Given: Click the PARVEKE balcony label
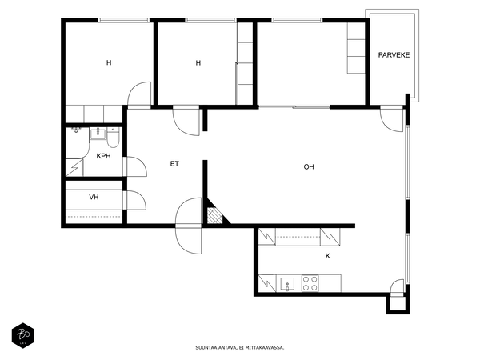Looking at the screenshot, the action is (394, 55).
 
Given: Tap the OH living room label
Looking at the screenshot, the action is (309, 167).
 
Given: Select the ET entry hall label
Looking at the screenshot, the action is (174, 164).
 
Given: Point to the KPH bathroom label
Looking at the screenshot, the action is (103, 156).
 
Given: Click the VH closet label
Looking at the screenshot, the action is (94, 197).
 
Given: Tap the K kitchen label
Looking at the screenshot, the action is (327, 256).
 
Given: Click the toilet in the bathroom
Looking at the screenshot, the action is (114, 138).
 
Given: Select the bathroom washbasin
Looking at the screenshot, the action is (98, 134).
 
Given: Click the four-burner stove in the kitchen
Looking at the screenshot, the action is (310, 283).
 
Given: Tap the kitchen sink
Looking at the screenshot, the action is (287, 284).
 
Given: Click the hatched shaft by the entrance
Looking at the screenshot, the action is (214, 216).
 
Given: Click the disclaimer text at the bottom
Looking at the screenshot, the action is (240, 347).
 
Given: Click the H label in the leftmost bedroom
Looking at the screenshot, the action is (109, 62).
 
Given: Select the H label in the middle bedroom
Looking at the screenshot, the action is (198, 63).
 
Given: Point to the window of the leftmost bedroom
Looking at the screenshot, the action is (124, 20).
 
